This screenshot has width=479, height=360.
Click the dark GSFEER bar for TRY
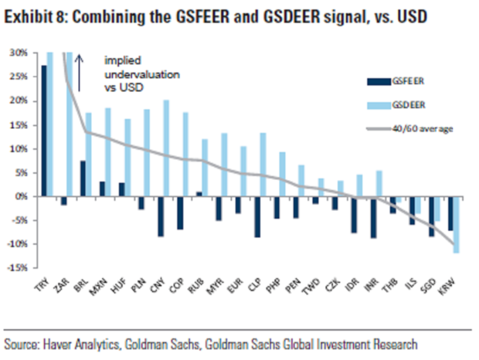click(x=44, y=131)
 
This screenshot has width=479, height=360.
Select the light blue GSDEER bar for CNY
click(x=165, y=148)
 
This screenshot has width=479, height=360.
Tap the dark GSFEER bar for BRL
click(x=83, y=178)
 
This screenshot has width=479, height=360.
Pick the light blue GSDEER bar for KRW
click(x=456, y=225)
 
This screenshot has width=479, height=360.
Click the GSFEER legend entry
click(x=394, y=80)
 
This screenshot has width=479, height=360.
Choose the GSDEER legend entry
click(x=394, y=104)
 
